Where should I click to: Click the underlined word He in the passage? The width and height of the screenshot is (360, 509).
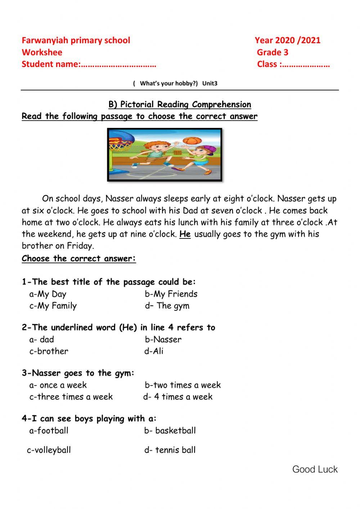(185, 234)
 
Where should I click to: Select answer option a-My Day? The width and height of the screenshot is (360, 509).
(48, 294)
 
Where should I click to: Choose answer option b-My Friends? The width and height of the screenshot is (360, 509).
(171, 294)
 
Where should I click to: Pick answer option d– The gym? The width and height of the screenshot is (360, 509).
(167, 306)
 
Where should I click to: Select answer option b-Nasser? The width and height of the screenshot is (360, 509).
(163, 339)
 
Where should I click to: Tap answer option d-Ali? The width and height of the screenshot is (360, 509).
(154, 351)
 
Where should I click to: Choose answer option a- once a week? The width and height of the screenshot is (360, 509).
(58, 385)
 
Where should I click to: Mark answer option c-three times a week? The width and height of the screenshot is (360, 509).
(71, 397)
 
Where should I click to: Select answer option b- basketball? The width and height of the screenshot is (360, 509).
(170, 430)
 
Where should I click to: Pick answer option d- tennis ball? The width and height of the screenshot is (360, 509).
(170, 450)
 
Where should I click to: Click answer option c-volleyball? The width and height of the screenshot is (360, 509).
(49, 450)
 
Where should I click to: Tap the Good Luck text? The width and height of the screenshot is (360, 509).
(315, 469)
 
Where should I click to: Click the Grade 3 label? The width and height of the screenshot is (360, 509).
(273, 53)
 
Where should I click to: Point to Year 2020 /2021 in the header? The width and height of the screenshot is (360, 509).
(287, 40)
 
